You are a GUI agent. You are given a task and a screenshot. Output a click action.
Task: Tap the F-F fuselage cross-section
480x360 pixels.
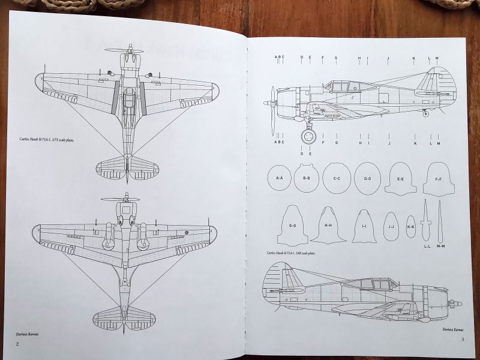point(438,179)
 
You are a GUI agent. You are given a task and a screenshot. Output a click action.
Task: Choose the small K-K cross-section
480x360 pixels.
point(411,226)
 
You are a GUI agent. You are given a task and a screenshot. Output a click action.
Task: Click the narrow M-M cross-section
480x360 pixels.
point(441,222)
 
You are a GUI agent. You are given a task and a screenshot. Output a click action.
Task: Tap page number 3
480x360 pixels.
point(463,341)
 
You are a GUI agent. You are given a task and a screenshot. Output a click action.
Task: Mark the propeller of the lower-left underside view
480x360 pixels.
point(121,199)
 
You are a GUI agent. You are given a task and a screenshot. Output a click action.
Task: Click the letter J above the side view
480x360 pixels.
point(389,58)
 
